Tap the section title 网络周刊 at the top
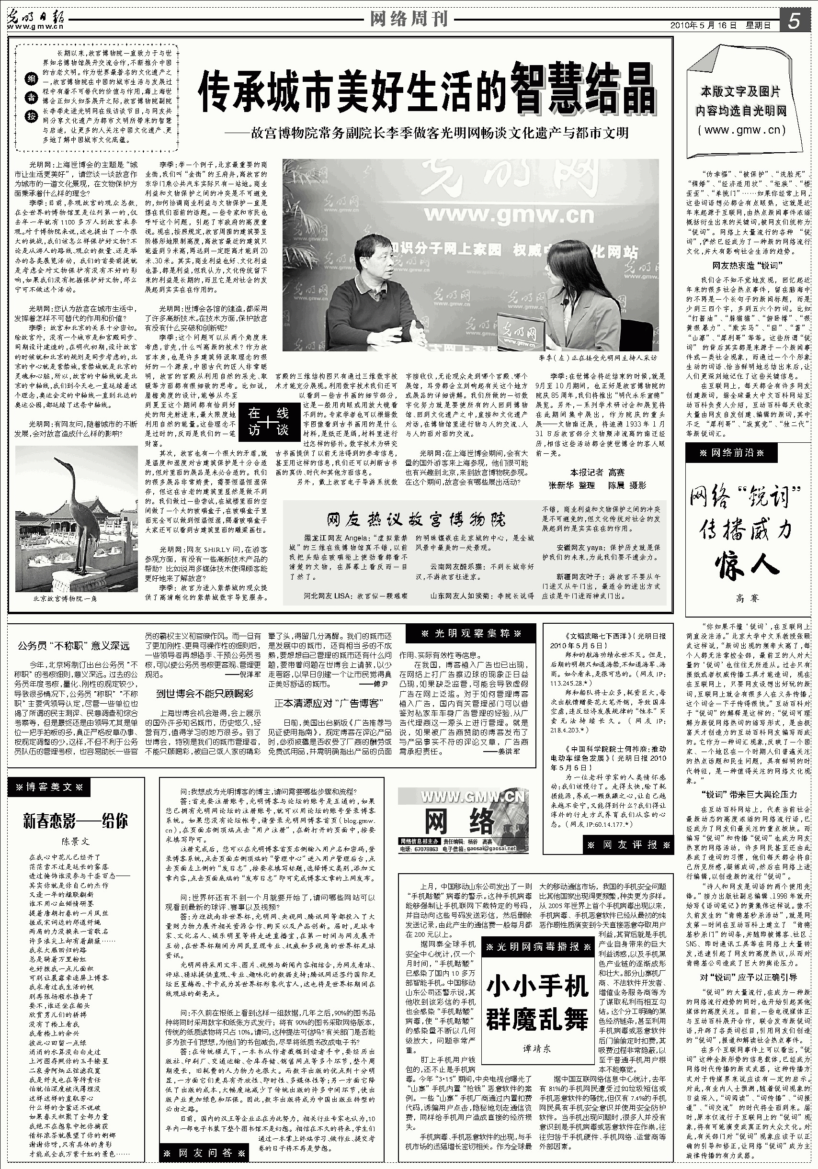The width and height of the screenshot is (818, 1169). (x=409, y=19)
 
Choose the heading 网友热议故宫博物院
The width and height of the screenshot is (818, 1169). (x=416, y=519)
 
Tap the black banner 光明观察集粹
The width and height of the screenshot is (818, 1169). (x=471, y=633)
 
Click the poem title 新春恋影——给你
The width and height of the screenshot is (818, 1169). (x=75, y=821)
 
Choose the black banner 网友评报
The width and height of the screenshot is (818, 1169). (x=629, y=844)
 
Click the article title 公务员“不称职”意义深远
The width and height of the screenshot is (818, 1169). (x=74, y=646)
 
